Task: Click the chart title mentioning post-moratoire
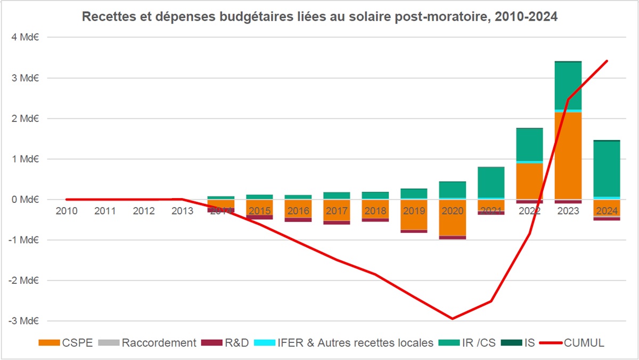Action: pyautogui.click(x=319, y=17)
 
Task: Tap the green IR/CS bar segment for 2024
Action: pyautogui.click(x=607, y=169)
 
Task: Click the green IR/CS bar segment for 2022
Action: pyautogui.click(x=530, y=144)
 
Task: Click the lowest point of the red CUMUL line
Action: pyautogui.click(x=452, y=318)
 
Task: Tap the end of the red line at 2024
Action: pyautogui.click(x=607, y=61)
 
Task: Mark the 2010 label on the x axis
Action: pyautogui.click(x=67, y=211)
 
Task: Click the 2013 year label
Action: pyautogui.click(x=182, y=211)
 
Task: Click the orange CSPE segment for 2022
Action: pyautogui.click(x=530, y=181)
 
